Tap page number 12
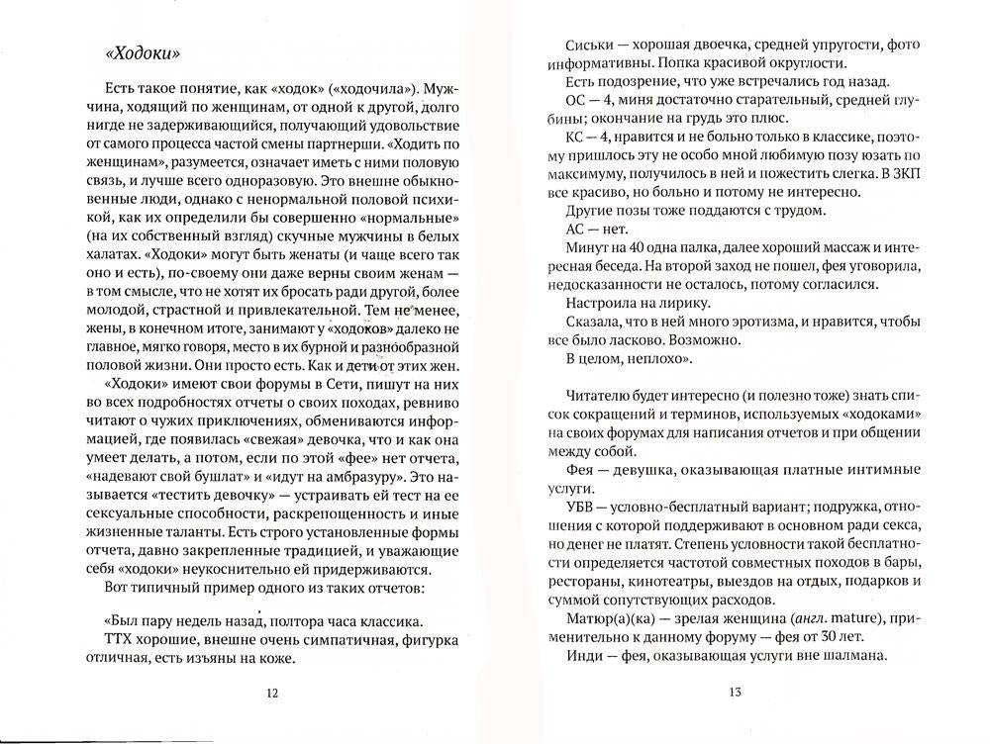[x=272, y=693]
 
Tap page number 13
[x=735, y=693]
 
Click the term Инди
[x=581, y=656]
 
